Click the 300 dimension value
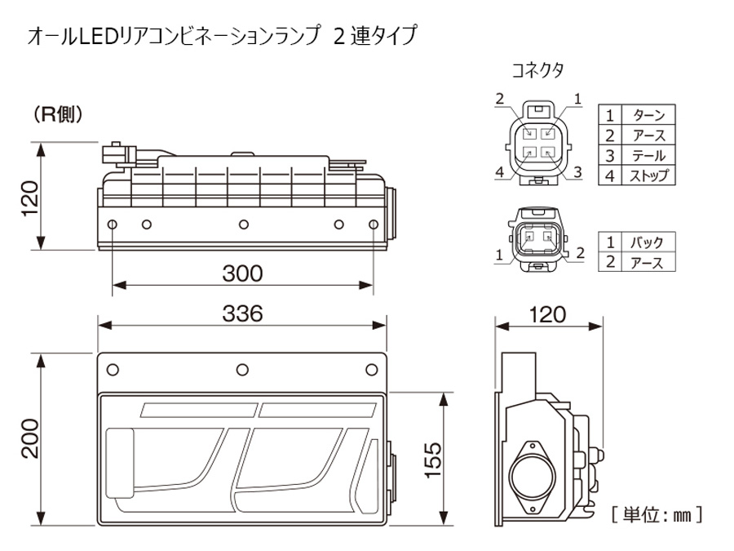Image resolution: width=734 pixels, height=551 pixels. [242, 273]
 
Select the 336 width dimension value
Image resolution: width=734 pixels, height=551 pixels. [242, 313]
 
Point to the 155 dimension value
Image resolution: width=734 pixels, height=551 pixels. [432, 460]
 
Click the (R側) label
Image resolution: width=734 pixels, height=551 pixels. [58, 115]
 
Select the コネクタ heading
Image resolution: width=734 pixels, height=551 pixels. [537, 69]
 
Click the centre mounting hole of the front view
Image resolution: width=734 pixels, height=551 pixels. [242, 368]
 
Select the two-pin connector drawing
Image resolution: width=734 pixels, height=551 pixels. [536, 239]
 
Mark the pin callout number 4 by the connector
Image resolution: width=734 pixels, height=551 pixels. [498, 172]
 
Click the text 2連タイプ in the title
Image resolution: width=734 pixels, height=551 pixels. [375, 37]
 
